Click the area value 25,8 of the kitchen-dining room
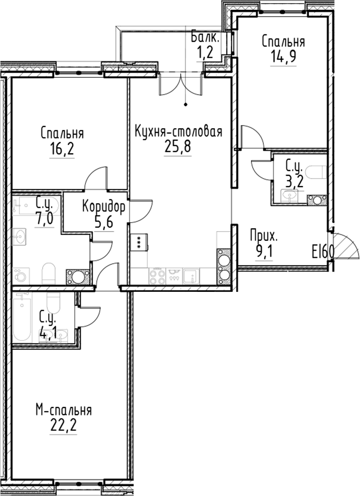179,147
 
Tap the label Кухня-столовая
179,132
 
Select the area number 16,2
62,149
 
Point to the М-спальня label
64,410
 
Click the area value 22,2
64,425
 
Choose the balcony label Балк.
205,38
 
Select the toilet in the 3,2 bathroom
316,172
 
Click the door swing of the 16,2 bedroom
96,179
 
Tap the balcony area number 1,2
205,53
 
